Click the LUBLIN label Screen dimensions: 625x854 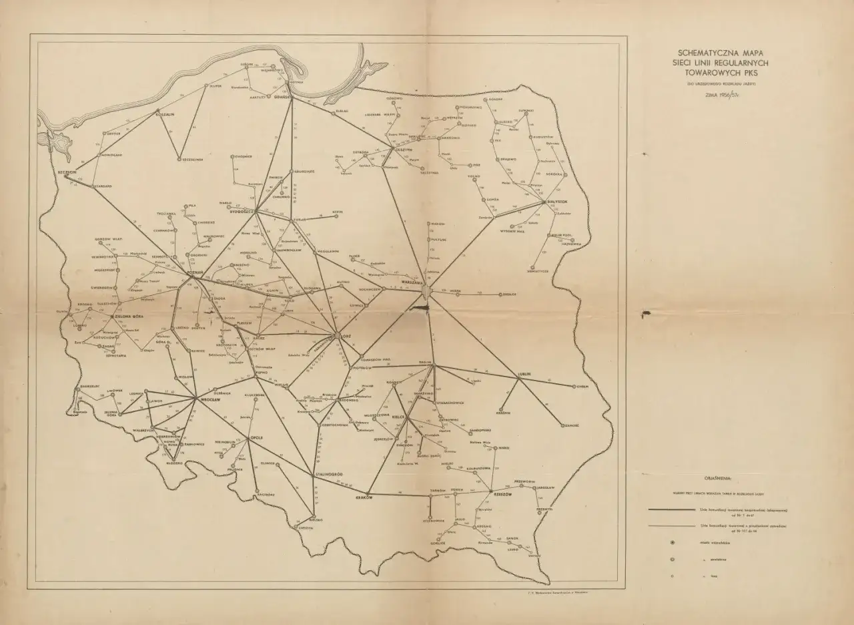click(523, 373)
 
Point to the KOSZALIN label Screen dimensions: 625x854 click(164, 114)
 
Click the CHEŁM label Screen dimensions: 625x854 click(582, 386)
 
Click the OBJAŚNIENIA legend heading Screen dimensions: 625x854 click(718, 478)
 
